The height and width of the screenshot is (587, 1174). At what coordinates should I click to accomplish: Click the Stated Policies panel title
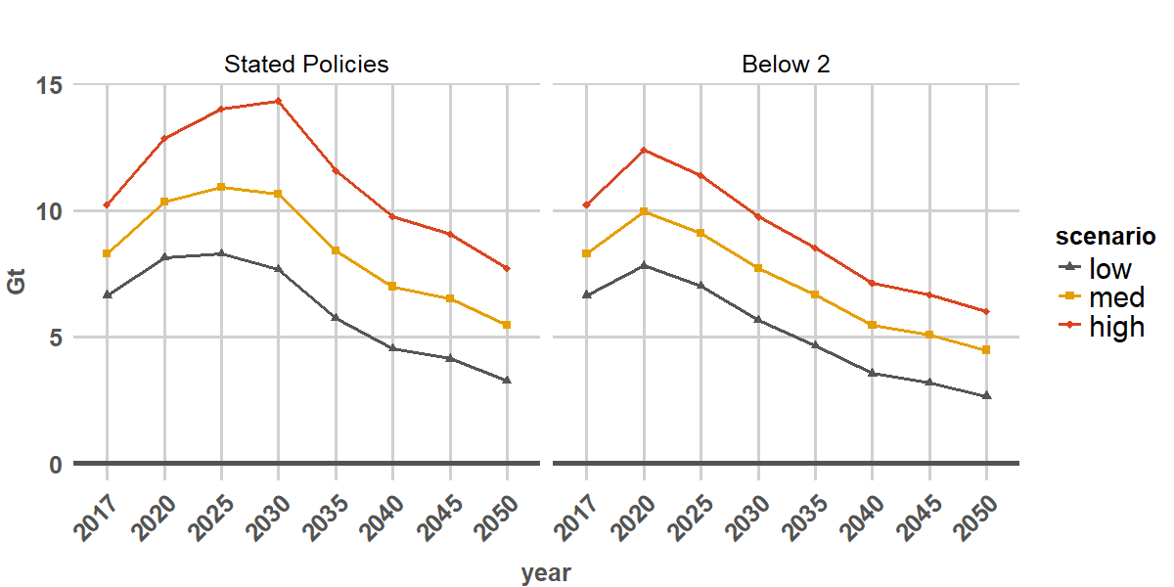click(306, 65)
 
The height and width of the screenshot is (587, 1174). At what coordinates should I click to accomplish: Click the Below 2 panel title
click(787, 65)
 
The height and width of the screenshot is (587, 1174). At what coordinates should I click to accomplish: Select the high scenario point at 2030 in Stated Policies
click(278, 101)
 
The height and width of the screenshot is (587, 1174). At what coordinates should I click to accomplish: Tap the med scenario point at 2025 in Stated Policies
click(221, 187)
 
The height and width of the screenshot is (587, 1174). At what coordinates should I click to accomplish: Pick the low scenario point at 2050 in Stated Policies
click(507, 381)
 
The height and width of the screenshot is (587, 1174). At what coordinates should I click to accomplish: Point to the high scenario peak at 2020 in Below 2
click(644, 150)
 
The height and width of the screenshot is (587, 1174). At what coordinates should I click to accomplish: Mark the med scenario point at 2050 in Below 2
click(986, 350)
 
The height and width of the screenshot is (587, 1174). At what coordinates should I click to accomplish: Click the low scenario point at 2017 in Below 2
click(586, 294)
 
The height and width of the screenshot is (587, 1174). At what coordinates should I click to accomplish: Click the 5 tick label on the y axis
click(56, 338)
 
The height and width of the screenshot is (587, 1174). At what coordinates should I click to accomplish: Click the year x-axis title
click(546, 573)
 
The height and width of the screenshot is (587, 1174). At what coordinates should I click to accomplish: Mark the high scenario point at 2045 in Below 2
click(929, 294)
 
